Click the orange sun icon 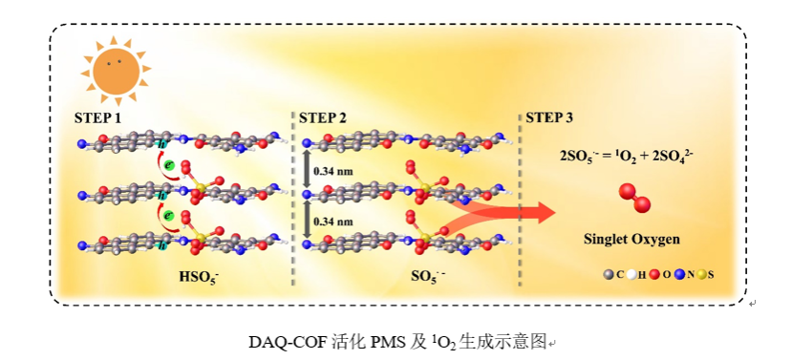(x=116, y=71)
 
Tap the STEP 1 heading (x=97, y=118)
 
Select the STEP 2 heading (x=323, y=118)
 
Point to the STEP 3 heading (x=549, y=118)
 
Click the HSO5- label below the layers (x=199, y=277)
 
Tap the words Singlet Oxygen (x=631, y=239)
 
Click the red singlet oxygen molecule (x=635, y=199)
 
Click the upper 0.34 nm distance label (x=333, y=172)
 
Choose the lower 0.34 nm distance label (x=333, y=222)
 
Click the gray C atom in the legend (x=609, y=275)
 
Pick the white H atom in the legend (x=631, y=275)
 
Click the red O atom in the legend (x=654, y=275)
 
